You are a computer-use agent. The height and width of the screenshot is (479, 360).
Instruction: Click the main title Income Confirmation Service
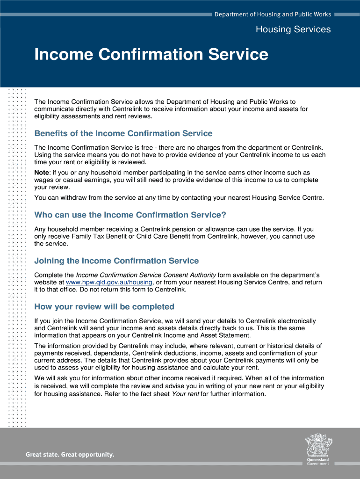click(151, 55)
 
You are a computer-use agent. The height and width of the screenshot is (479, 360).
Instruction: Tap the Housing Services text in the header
click(293, 29)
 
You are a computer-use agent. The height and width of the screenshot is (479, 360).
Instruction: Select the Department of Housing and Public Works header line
click(273, 15)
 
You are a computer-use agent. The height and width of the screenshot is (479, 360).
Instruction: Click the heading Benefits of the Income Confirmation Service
click(123, 134)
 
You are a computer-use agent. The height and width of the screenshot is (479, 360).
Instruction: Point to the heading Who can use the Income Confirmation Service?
click(130, 215)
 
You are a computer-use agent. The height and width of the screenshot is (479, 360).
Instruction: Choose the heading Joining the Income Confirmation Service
click(116, 261)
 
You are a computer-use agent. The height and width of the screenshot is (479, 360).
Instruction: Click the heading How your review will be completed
click(104, 307)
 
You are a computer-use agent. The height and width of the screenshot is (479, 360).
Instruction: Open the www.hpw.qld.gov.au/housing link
click(109, 283)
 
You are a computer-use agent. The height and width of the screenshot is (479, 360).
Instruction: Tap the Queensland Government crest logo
click(318, 447)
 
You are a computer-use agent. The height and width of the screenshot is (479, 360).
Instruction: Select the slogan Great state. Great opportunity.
click(70, 454)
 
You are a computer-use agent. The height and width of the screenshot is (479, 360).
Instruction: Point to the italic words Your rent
click(186, 394)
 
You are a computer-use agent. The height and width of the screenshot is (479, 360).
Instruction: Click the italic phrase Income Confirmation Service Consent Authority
click(146, 275)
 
